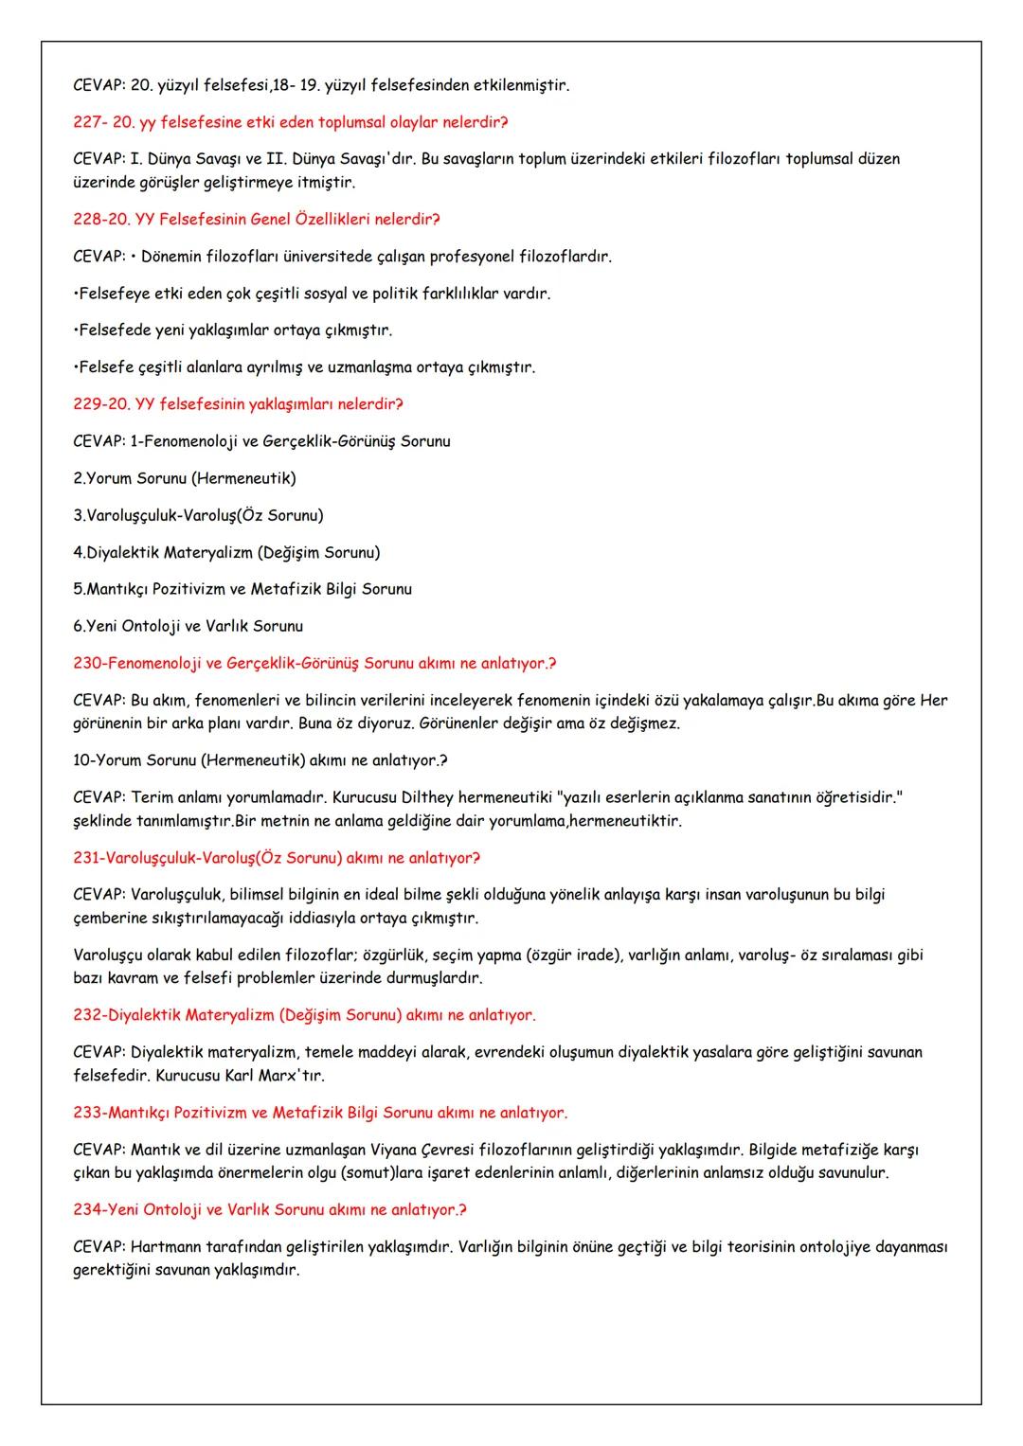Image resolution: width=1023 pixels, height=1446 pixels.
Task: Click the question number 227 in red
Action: pyautogui.click(x=88, y=122)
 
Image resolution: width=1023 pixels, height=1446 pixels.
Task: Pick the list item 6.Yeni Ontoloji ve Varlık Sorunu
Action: pyautogui.click(x=188, y=626)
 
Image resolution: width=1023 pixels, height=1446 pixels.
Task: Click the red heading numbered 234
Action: pyautogui.click(x=269, y=1210)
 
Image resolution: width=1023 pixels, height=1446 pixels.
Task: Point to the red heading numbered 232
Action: pyautogui.click(x=303, y=1015)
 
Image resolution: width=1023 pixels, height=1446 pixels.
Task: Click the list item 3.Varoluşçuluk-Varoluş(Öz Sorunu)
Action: pyautogui.click(x=198, y=515)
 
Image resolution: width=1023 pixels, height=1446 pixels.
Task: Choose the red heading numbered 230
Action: pyautogui.click(x=314, y=663)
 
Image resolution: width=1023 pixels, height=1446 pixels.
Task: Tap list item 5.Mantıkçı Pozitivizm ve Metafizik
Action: pyautogui.click(x=242, y=589)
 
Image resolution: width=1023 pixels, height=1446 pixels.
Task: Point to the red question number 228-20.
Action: pyautogui.click(x=101, y=220)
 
